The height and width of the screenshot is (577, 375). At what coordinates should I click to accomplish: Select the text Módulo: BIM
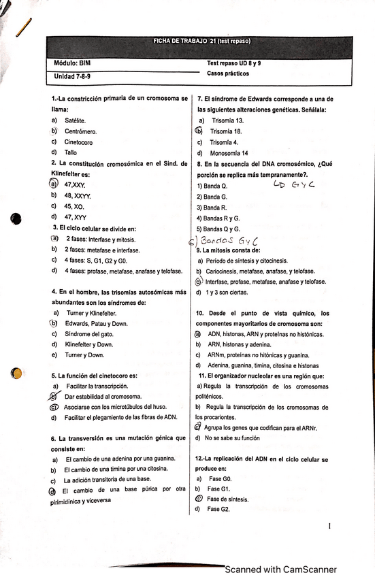[x=72, y=63]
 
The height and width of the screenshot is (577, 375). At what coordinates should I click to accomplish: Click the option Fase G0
[x=218, y=478]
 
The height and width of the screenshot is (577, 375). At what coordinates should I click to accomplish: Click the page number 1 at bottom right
[x=329, y=526]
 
